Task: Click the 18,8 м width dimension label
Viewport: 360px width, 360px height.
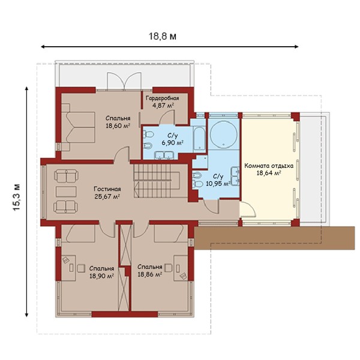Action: click(163, 36)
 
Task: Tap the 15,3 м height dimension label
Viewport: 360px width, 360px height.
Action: click(17, 197)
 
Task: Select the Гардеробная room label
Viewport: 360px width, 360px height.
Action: click(163, 98)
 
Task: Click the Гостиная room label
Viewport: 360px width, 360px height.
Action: click(107, 189)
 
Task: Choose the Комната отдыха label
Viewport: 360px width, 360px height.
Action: click(269, 166)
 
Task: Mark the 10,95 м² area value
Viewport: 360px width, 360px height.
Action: click(218, 184)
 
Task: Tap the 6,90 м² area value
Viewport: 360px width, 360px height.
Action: click(172, 143)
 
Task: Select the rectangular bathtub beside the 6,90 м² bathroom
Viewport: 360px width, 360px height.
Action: click(199, 138)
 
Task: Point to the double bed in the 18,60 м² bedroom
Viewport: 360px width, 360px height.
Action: click(79, 128)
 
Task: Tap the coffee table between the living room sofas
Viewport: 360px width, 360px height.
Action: click(66, 191)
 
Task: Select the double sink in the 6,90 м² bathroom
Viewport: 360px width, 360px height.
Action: click(164, 155)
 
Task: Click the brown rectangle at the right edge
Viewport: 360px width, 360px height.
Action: click(275, 238)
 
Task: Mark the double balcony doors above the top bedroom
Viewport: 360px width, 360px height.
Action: click(124, 80)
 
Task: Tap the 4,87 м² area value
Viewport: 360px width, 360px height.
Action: click(163, 106)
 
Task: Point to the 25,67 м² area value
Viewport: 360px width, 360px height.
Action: click(107, 196)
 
